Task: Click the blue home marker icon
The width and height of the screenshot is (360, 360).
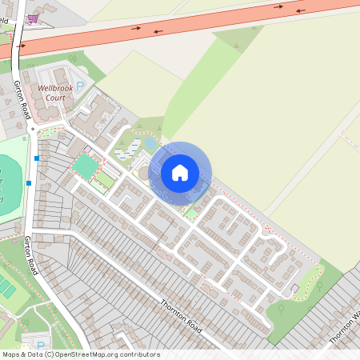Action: (x=180, y=172)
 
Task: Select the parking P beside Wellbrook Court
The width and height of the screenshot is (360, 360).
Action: (x=78, y=84)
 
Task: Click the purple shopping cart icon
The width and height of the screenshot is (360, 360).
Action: (x=33, y=18)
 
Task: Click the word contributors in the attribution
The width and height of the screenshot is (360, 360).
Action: (x=138, y=354)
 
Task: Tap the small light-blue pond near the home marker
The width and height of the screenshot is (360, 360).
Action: (x=150, y=144)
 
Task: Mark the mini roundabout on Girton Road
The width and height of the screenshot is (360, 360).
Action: (x=33, y=128)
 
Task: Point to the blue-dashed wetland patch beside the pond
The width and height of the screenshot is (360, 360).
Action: (x=126, y=150)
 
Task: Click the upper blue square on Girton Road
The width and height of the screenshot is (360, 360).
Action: (x=37, y=158)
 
